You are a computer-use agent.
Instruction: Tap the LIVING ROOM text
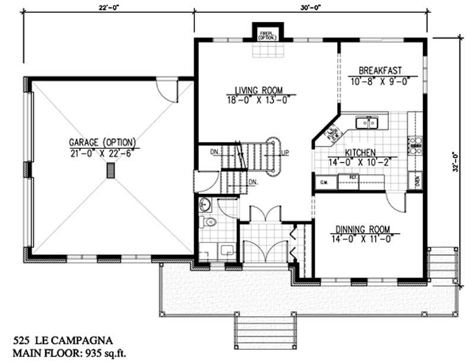(255, 91)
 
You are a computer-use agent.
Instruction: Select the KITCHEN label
(346, 152)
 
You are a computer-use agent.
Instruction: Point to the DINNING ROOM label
(362, 229)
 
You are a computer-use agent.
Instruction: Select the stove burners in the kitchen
(414, 145)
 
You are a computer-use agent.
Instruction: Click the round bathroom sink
(205, 204)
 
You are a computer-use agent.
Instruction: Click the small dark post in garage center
(110, 171)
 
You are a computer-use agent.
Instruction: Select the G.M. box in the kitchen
(324, 182)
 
